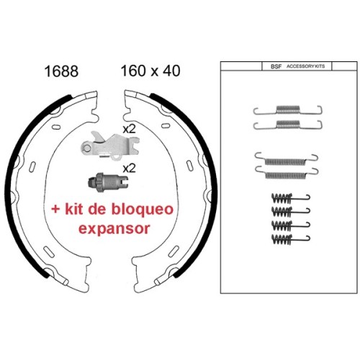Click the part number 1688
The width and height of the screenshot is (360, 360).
click(x=61, y=71)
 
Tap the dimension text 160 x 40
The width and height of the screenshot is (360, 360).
click(x=150, y=71)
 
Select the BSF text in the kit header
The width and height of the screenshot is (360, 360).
click(x=276, y=66)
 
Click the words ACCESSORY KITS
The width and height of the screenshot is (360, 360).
click(x=305, y=66)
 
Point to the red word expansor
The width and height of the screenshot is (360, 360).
click(x=114, y=229)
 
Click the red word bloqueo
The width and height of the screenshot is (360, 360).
click(x=143, y=209)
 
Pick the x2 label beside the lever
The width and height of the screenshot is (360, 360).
click(x=129, y=130)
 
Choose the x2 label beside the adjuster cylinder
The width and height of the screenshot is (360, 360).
click(x=129, y=168)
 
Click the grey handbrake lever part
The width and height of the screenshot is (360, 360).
click(x=110, y=145)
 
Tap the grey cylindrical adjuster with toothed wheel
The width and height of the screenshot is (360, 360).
click(x=108, y=183)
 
